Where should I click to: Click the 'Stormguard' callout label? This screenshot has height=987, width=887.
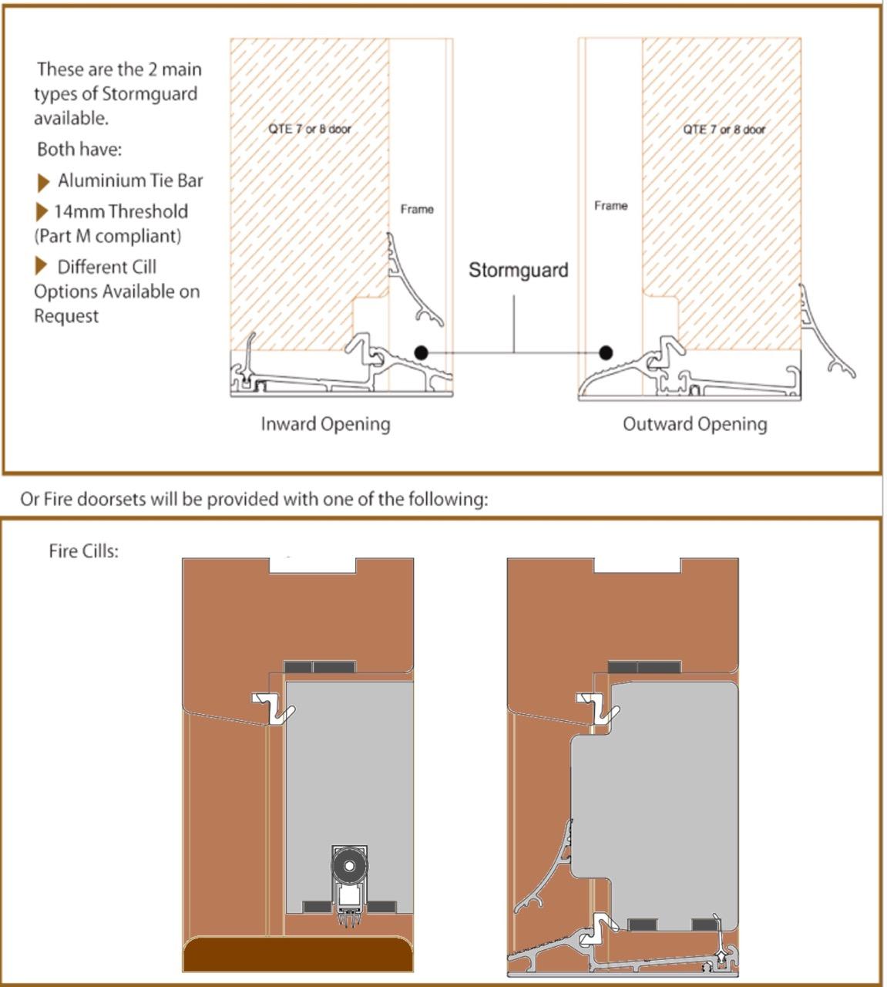click(x=518, y=270)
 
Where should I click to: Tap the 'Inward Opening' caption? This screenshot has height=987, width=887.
click(x=325, y=424)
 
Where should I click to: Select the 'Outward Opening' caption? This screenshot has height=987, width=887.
click(x=694, y=424)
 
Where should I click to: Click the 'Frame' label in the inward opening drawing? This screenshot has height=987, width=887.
click(x=417, y=209)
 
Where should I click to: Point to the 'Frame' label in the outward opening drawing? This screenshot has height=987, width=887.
click(x=610, y=205)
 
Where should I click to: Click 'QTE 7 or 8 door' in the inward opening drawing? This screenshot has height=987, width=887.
click(x=310, y=129)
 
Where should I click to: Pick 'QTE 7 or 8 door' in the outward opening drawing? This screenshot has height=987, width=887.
click(x=724, y=130)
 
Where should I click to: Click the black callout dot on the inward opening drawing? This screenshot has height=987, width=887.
click(x=421, y=352)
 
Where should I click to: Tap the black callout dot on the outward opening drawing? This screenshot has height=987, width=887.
click(x=606, y=352)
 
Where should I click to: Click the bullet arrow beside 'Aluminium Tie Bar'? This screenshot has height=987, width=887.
click(x=43, y=183)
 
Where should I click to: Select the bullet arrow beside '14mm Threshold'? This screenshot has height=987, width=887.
click(x=42, y=212)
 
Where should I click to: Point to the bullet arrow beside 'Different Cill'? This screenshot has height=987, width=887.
click(x=41, y=266)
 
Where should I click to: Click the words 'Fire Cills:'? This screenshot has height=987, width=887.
click(x=84, y=551)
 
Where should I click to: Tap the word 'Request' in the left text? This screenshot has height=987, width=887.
click(x=66, y=316)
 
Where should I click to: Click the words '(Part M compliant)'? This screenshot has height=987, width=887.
click(x=108, y=236)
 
